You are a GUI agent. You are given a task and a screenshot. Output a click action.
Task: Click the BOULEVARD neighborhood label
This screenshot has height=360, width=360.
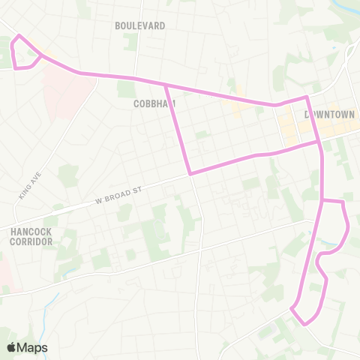[x=140, y=25]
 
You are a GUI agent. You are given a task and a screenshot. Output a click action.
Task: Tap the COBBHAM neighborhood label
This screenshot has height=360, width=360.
[x=154, y=103]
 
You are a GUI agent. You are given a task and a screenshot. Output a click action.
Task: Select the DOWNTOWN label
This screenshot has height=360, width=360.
[x=329, y=115]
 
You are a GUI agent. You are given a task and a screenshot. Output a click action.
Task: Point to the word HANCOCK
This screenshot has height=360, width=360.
[x=31, y=232]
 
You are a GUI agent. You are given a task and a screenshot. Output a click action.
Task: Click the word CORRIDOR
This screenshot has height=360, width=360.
[x=31, y=242]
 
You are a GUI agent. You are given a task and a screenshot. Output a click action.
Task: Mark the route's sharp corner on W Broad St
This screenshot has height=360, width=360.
[x=190, y=174]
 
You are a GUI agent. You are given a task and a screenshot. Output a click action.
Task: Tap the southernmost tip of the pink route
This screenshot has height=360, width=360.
[x=305, y=324]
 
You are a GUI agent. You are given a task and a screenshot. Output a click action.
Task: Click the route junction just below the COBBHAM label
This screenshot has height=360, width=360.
[x=166, y=85]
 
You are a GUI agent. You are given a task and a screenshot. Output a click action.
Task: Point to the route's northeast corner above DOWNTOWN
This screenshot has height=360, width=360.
[x=306, y=97]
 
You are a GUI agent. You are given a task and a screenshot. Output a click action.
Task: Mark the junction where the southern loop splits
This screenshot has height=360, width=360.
[x=322, y=201]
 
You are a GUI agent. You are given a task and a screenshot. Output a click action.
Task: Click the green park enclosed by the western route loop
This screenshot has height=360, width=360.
[x=22, y=53]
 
